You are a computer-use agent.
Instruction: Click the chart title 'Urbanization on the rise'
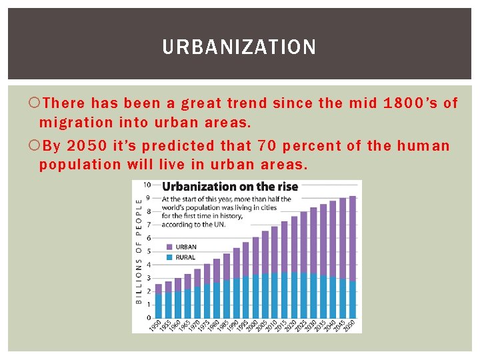[x=230, y=187]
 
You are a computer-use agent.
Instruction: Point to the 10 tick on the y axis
[x=148, y=185]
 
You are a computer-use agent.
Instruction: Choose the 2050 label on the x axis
[x=351, y=327]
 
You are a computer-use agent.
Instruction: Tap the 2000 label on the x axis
[x=254, y=327]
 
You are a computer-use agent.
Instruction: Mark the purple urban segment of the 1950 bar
[x=159, y=289]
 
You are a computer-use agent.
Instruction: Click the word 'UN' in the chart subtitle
[x=218, y=225]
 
